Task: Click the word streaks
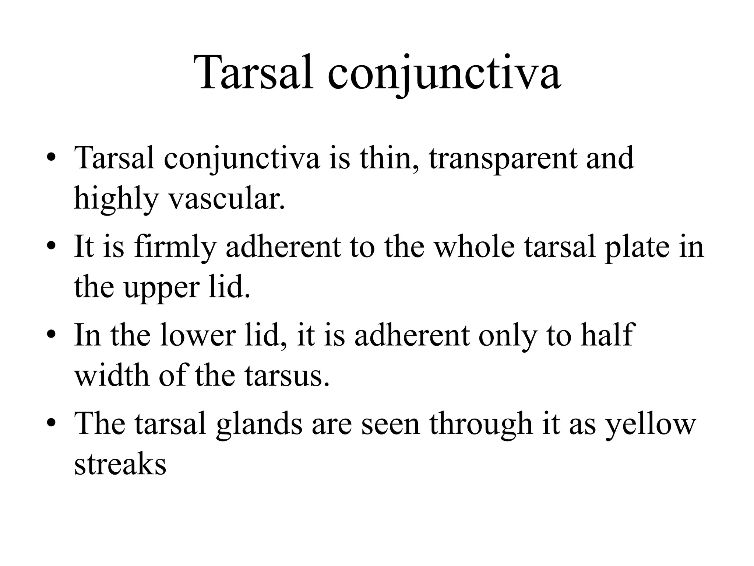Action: (x=120, y=464)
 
